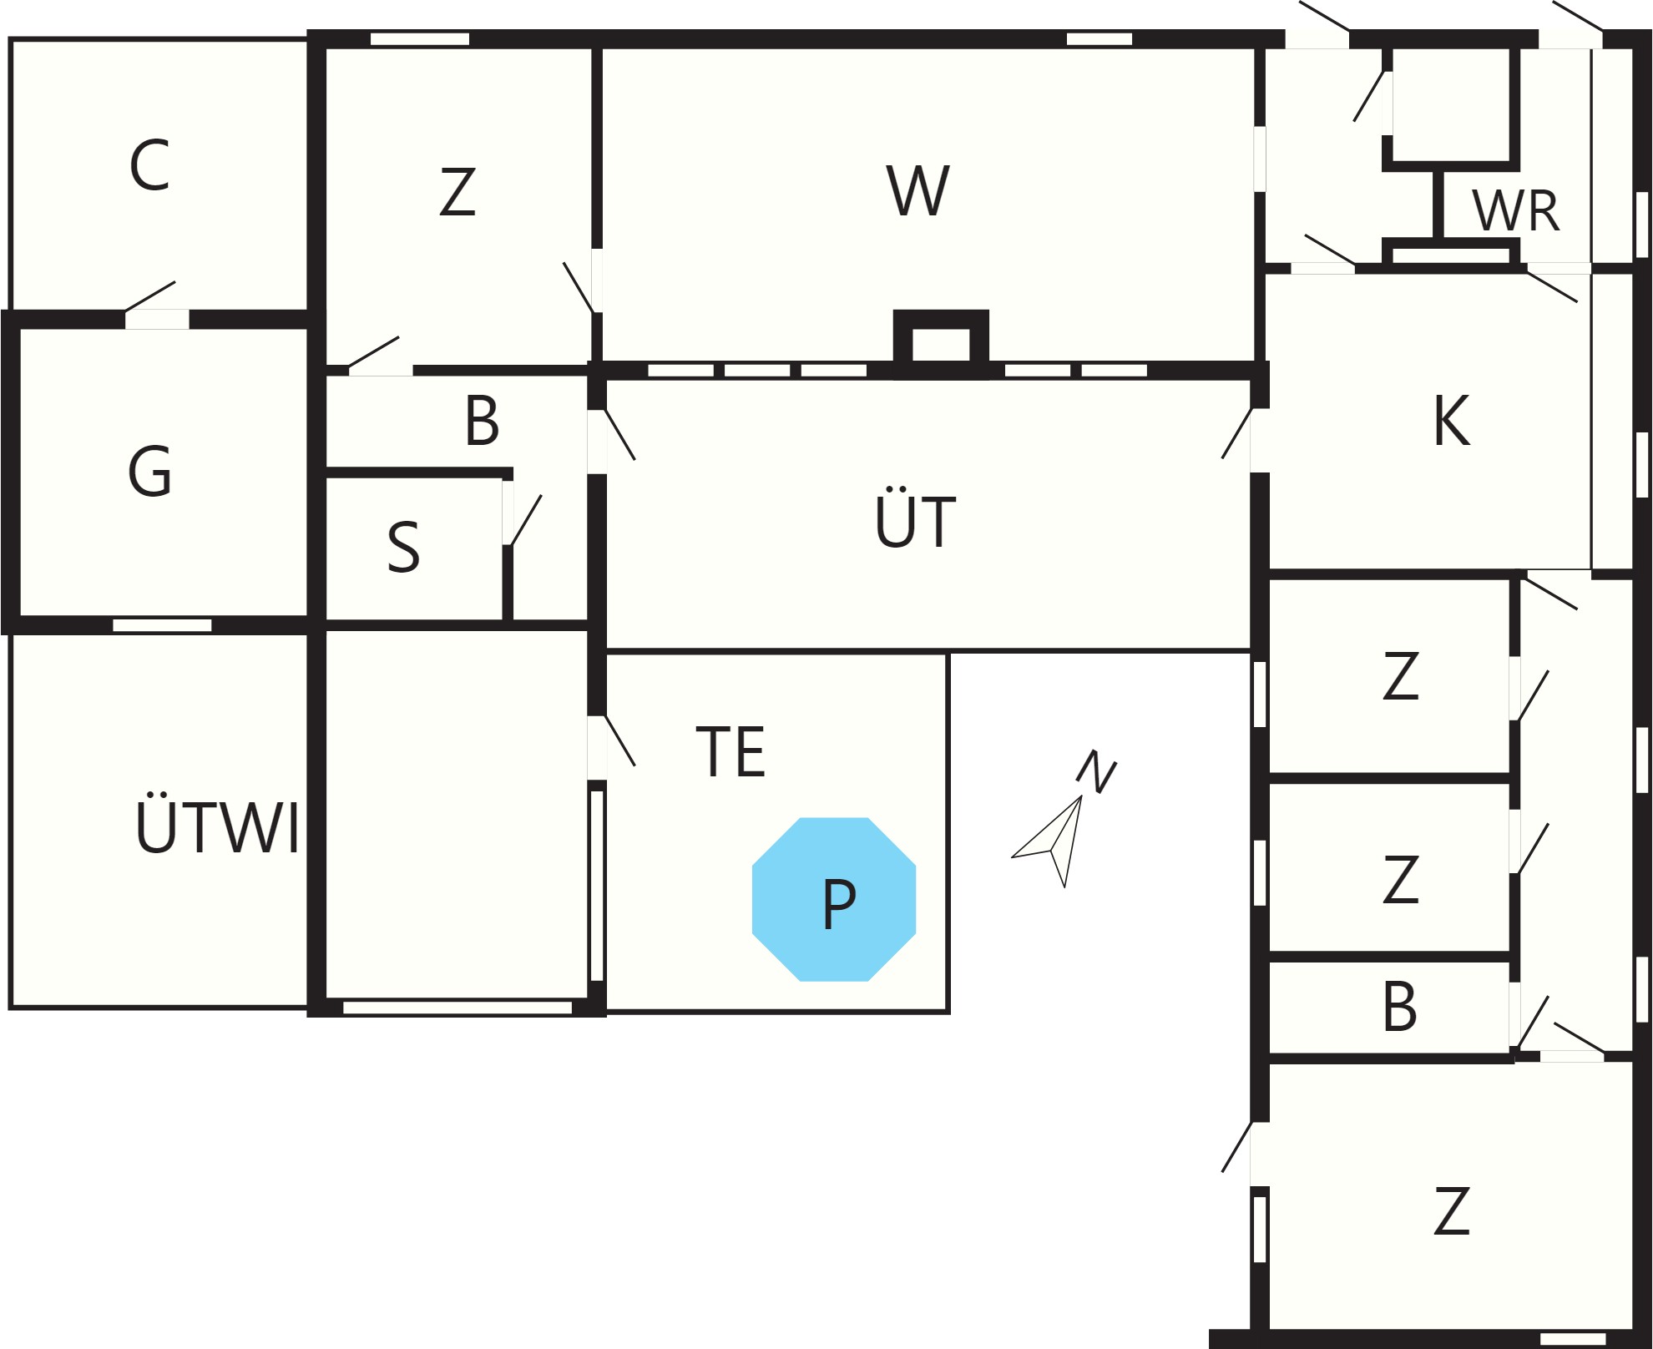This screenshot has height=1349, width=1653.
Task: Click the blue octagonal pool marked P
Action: pyautogui.click(x=834, y=899)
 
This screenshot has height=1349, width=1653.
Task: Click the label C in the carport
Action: pyautogui.click(x=150, y=165)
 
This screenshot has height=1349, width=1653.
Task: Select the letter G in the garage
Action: pyautogui.click(x=150, y=471)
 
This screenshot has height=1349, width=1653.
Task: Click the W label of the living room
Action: pyautogui.click(x=917, y=190)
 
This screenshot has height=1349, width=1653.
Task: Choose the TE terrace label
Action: pyautogui.click(x=730, y=751)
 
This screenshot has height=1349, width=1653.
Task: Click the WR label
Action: pyautogui.click(x=1515, y=211)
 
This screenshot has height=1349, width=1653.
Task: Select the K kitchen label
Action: pyautogui.click(x=1451, y=421)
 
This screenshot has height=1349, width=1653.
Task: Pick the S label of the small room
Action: pyautogui.click(x=403, y=548)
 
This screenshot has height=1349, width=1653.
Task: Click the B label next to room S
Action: pyautogui.click(x=483, y=420)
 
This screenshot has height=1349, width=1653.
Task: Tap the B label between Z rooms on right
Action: pyautogui.click(x=1400, y=1006)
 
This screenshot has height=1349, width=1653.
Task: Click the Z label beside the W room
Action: pyautogui.click(x=457, y=192)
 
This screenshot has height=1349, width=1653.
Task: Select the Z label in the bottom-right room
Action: pyautogui.click(x=1451, y=1210)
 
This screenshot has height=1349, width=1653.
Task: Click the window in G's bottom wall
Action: pyautogui.click(x=162, y=625)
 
